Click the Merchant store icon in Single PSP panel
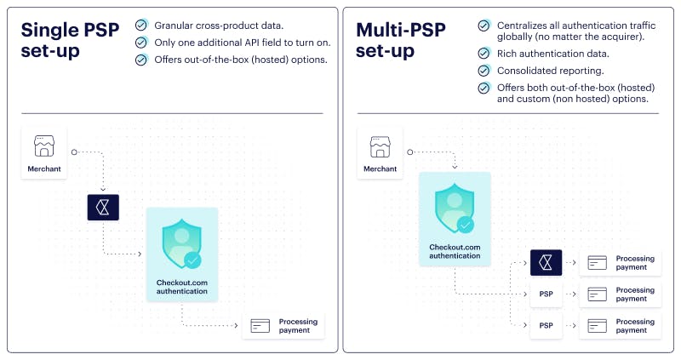44,146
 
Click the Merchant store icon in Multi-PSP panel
380,146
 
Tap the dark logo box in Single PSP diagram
103,207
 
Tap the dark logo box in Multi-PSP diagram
546,262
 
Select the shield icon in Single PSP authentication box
182,244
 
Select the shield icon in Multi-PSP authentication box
455,209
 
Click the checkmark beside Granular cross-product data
141,26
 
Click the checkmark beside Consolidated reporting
484,71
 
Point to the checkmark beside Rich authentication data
484,54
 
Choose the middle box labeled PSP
546,294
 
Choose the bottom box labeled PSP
546,325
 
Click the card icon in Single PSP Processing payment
260,326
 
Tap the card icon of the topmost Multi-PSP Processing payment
598,263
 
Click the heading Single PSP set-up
70,40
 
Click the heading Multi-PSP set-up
400,40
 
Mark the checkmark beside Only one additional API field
141,43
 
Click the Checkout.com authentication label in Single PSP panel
182,287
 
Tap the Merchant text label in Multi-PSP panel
380,169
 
